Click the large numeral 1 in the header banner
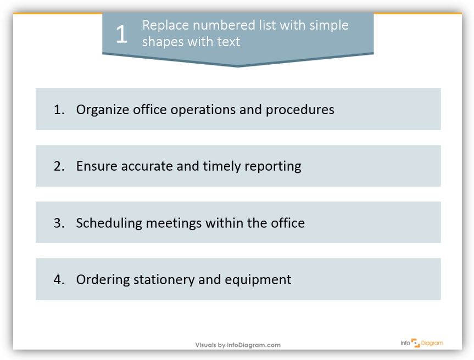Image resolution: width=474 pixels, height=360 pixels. click(x=121, y=34)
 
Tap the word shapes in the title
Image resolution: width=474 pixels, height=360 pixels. click(x=163, y=42)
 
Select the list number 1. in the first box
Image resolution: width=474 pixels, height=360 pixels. click(x=59, y=109)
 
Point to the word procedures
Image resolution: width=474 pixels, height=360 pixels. click(x=300, y=110)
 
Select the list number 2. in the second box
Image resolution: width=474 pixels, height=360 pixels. click(x=59, y=166)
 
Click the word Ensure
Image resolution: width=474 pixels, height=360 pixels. click(x=97, y=166)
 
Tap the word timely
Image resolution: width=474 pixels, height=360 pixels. click(x=221, y=166)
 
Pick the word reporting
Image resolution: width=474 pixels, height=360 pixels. click(x=272, y=167)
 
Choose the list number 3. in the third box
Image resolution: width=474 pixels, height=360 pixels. click(x=59, y=223)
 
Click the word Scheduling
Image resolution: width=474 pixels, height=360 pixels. click(x=109, y=223)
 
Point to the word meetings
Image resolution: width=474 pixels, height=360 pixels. click(x=174, y=223)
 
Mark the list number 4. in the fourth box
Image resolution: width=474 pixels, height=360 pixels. click(x=59, y=279)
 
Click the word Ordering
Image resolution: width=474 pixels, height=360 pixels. click(x=103, y=280)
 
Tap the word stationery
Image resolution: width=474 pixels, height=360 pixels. click(x=164, y=280)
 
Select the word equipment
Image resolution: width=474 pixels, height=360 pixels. click(x=258, y=280)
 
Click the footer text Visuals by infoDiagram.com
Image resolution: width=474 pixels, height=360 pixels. click(x=238, y=345)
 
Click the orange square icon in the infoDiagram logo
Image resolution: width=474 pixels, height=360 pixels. click(x=415, y=343)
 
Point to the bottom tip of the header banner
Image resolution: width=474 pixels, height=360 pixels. click(x=238, y=67)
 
